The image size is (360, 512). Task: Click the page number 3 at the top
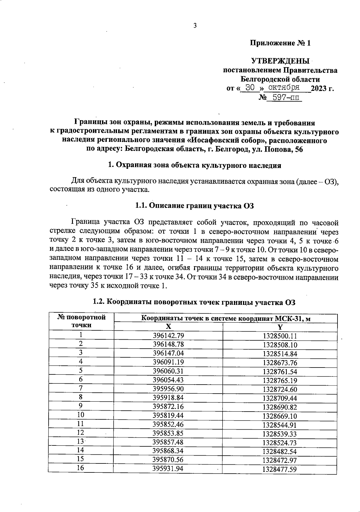pyautogui.click(x=195, y=26)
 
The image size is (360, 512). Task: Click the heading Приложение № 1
pyautogui.click(x=280, y=43)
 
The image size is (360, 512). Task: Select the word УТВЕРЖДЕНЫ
pyautogui.click(x=280, y=61)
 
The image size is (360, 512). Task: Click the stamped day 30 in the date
pyautogui.click(x=250, y=88)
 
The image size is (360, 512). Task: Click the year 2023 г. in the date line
pyautogui.click(x=322, y=88)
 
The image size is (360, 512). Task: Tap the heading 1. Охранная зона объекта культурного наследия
pyautogui.click(x=194, y=165)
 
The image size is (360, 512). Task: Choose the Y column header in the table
pyautogui.click(x=280, y=327)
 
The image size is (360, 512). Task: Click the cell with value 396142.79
pyautogui.click(x=168, y=336)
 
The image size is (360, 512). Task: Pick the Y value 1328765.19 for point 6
pyautogui.click(x=280, y=381)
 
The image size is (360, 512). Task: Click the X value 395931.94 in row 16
pyautogui.click(x=168, y=469)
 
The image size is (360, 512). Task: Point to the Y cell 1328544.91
pyautogui.click(x=280, y=425)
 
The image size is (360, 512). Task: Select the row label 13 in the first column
pyautogui.click(x=80, y=442)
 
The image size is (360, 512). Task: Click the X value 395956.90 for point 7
pyautogui.click(x=168, y=389)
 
